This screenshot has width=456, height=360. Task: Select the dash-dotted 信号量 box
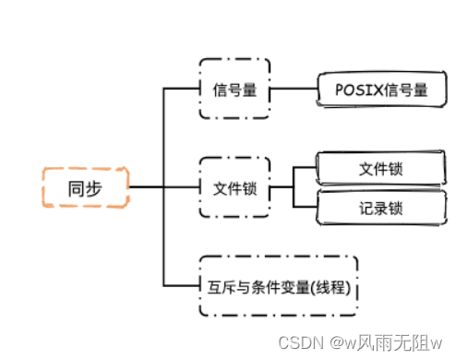[x=234, y=89]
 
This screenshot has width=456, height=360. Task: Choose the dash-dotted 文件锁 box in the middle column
[x=234, y=188]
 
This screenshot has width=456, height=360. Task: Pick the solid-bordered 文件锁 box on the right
[x=379, y=169]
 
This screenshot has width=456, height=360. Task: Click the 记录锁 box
[x=379, y=209]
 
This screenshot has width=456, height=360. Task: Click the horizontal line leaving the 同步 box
[x=146, y=188]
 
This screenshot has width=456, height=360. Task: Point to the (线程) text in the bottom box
[x=333, y=283]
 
